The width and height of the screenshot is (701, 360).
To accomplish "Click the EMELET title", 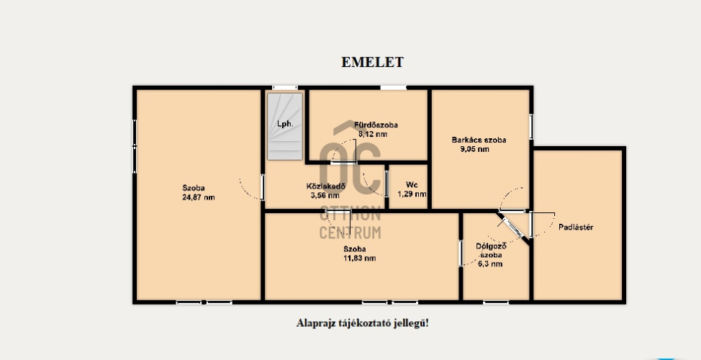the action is [372, 62].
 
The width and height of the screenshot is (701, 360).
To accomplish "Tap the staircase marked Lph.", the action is [285, 126].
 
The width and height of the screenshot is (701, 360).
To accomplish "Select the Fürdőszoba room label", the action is [376, 125].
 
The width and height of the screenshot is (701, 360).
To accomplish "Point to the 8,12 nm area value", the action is [373, 134].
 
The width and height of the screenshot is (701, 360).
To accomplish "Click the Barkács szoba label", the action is [479, 140].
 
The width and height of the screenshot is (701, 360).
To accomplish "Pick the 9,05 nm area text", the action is [475, 149].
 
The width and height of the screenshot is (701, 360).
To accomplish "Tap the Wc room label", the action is [412, 185].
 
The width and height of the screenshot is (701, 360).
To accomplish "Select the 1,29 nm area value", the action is [412, 194].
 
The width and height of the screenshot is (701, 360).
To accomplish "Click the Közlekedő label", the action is [326, 186].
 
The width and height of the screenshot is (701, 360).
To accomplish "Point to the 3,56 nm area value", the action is [325, 195].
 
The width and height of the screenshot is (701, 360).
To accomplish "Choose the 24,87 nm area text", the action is [199, 197].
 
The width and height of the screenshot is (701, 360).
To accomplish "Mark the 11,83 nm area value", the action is [359, 258].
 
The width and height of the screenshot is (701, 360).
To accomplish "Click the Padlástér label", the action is [576, 228].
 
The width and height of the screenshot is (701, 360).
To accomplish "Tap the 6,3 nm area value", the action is [491, 264].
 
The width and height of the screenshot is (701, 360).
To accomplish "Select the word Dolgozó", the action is [491, 246].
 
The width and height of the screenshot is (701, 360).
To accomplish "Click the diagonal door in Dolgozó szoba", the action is [513, 228].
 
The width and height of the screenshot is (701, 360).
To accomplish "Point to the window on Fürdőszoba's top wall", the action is [394, 88].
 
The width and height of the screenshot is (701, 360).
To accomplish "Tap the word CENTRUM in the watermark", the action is [350, 233].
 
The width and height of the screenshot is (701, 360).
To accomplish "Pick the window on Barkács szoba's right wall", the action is [531, 127].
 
